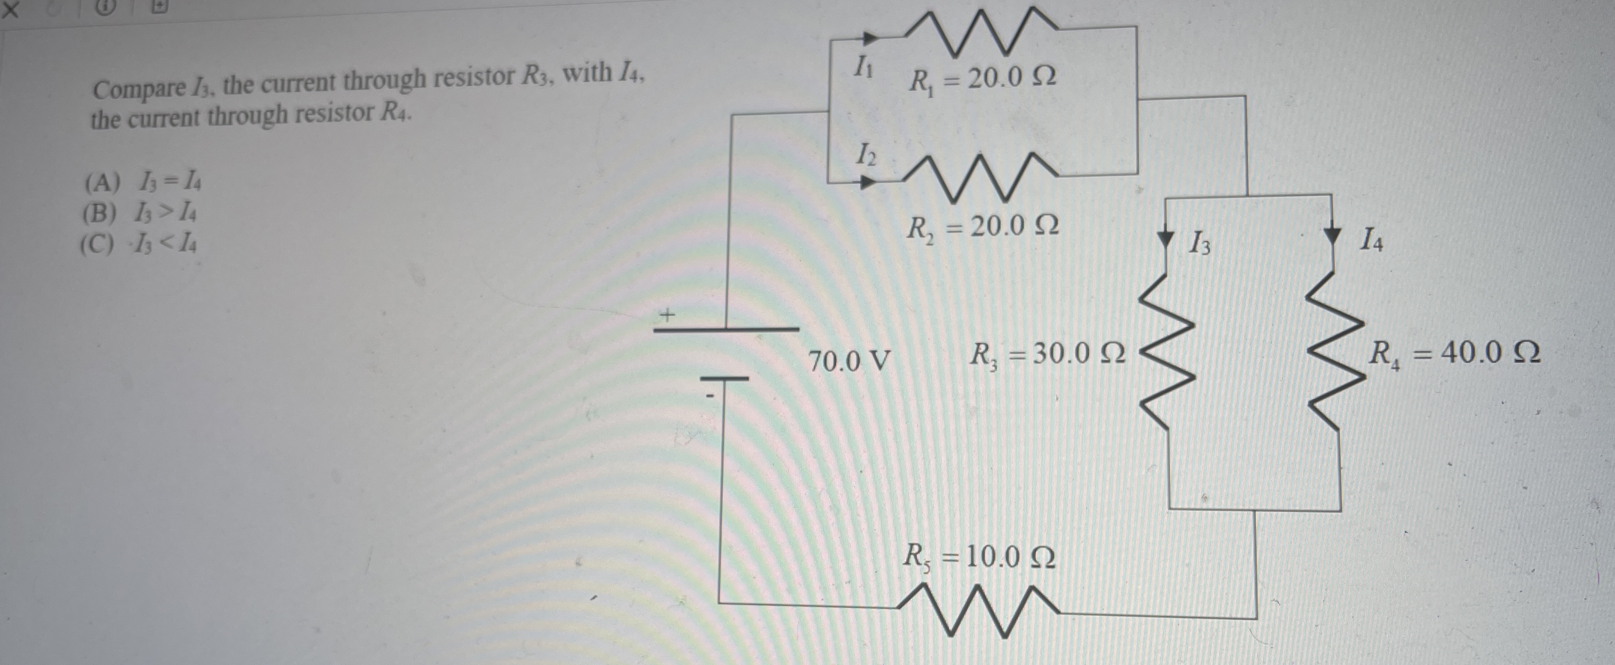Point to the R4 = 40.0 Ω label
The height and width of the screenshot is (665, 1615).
1453,354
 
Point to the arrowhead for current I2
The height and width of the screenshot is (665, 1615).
867,183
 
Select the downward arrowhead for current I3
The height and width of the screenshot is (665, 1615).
1166,239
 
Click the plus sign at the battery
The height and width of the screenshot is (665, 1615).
668,315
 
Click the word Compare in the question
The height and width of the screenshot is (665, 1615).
139,89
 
